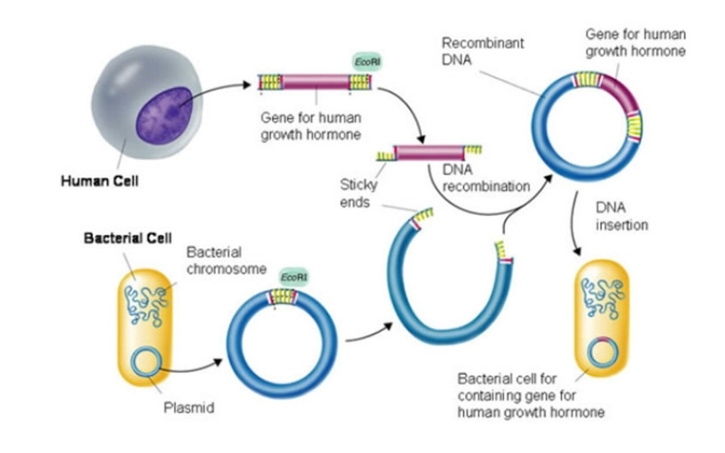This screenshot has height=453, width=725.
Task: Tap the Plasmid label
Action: point(191,409)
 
